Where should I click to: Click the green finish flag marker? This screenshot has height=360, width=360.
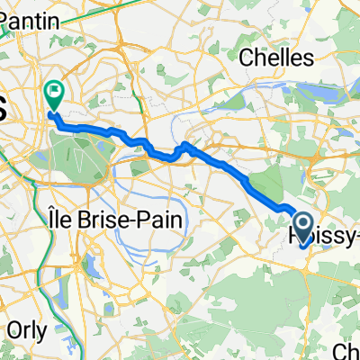[x=55, y=92]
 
